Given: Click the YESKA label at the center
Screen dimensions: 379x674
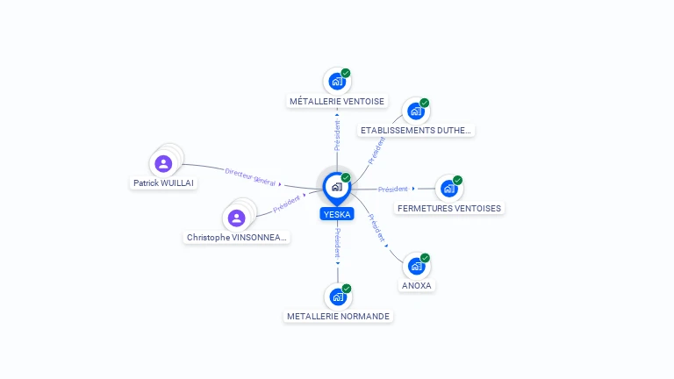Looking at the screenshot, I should [337, 214].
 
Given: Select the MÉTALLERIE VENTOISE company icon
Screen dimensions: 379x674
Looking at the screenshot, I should [337, 82].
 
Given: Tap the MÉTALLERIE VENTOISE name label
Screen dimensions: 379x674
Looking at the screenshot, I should [337, 102].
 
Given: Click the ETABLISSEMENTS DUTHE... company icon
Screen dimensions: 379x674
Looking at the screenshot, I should [416, 111].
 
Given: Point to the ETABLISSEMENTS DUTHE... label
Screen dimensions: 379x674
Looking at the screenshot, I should [416, 131].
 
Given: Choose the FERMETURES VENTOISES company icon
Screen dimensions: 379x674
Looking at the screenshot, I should [449, 188].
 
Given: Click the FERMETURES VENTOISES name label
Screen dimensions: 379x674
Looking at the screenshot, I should [449, 209].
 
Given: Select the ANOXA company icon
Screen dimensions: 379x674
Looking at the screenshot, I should [417, 266].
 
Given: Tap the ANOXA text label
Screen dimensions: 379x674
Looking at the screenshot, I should [417, 286].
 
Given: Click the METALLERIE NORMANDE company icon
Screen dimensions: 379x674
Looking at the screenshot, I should [338, 297].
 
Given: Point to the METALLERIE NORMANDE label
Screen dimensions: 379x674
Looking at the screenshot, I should [338, 316].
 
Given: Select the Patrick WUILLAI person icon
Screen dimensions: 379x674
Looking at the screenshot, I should [163, 163].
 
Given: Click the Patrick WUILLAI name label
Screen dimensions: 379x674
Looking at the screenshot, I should [163, 183].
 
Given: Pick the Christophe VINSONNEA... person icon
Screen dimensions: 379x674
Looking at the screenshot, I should [236, 218].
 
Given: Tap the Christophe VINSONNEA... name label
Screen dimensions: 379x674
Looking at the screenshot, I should [237, 238].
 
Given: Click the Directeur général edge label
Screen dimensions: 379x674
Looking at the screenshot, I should [250, 177].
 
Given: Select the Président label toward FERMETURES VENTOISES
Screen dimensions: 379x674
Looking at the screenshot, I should [393, 189].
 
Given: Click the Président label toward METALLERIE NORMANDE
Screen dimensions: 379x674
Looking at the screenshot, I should [338, 242].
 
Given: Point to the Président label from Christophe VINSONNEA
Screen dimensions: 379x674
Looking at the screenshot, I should [287, 204].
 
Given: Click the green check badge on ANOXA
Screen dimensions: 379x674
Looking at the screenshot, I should [426, 258].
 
